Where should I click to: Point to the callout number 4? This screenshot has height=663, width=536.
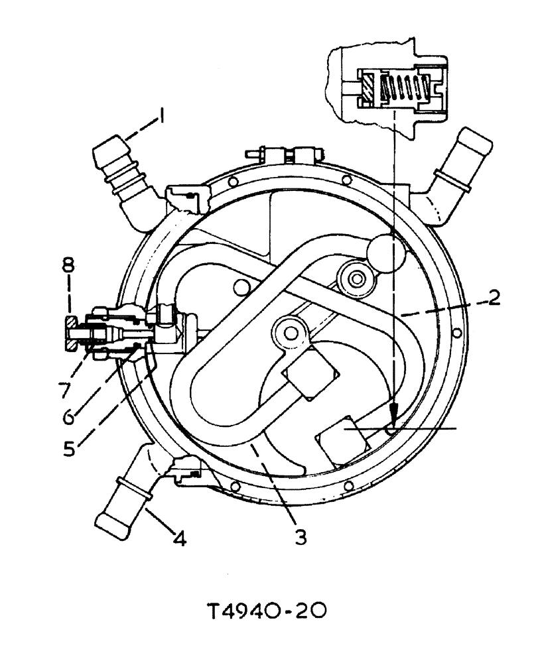coord(177,539)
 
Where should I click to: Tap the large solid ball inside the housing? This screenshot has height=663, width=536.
coord(386,255)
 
